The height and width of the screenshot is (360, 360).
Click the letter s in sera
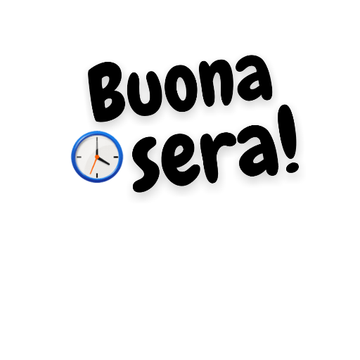click(x=146, y=164)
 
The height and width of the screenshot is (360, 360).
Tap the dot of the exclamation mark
click(x=292, y=167)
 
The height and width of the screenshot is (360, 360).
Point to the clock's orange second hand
click(x=94, y=165)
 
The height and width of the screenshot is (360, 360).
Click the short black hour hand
click(x=103, y=160)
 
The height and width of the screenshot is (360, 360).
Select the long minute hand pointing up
click(x=96, y=146)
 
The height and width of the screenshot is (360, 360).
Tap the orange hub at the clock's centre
click(x=97, y=157)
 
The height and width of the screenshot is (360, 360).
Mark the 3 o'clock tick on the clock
click(x=116, y=157)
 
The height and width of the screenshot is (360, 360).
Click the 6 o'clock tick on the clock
click(x=97, y=176)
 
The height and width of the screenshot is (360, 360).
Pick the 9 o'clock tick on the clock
click(x=79, y=157)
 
